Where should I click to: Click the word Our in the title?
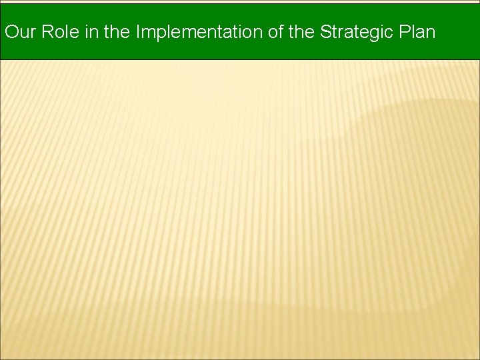[20, 32]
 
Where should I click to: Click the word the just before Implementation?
[117, 32]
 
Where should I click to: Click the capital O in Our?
[11, 32]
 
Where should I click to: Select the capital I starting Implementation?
[138, 32]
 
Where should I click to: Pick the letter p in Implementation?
[158, 33]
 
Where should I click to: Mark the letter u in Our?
[23, 33]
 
